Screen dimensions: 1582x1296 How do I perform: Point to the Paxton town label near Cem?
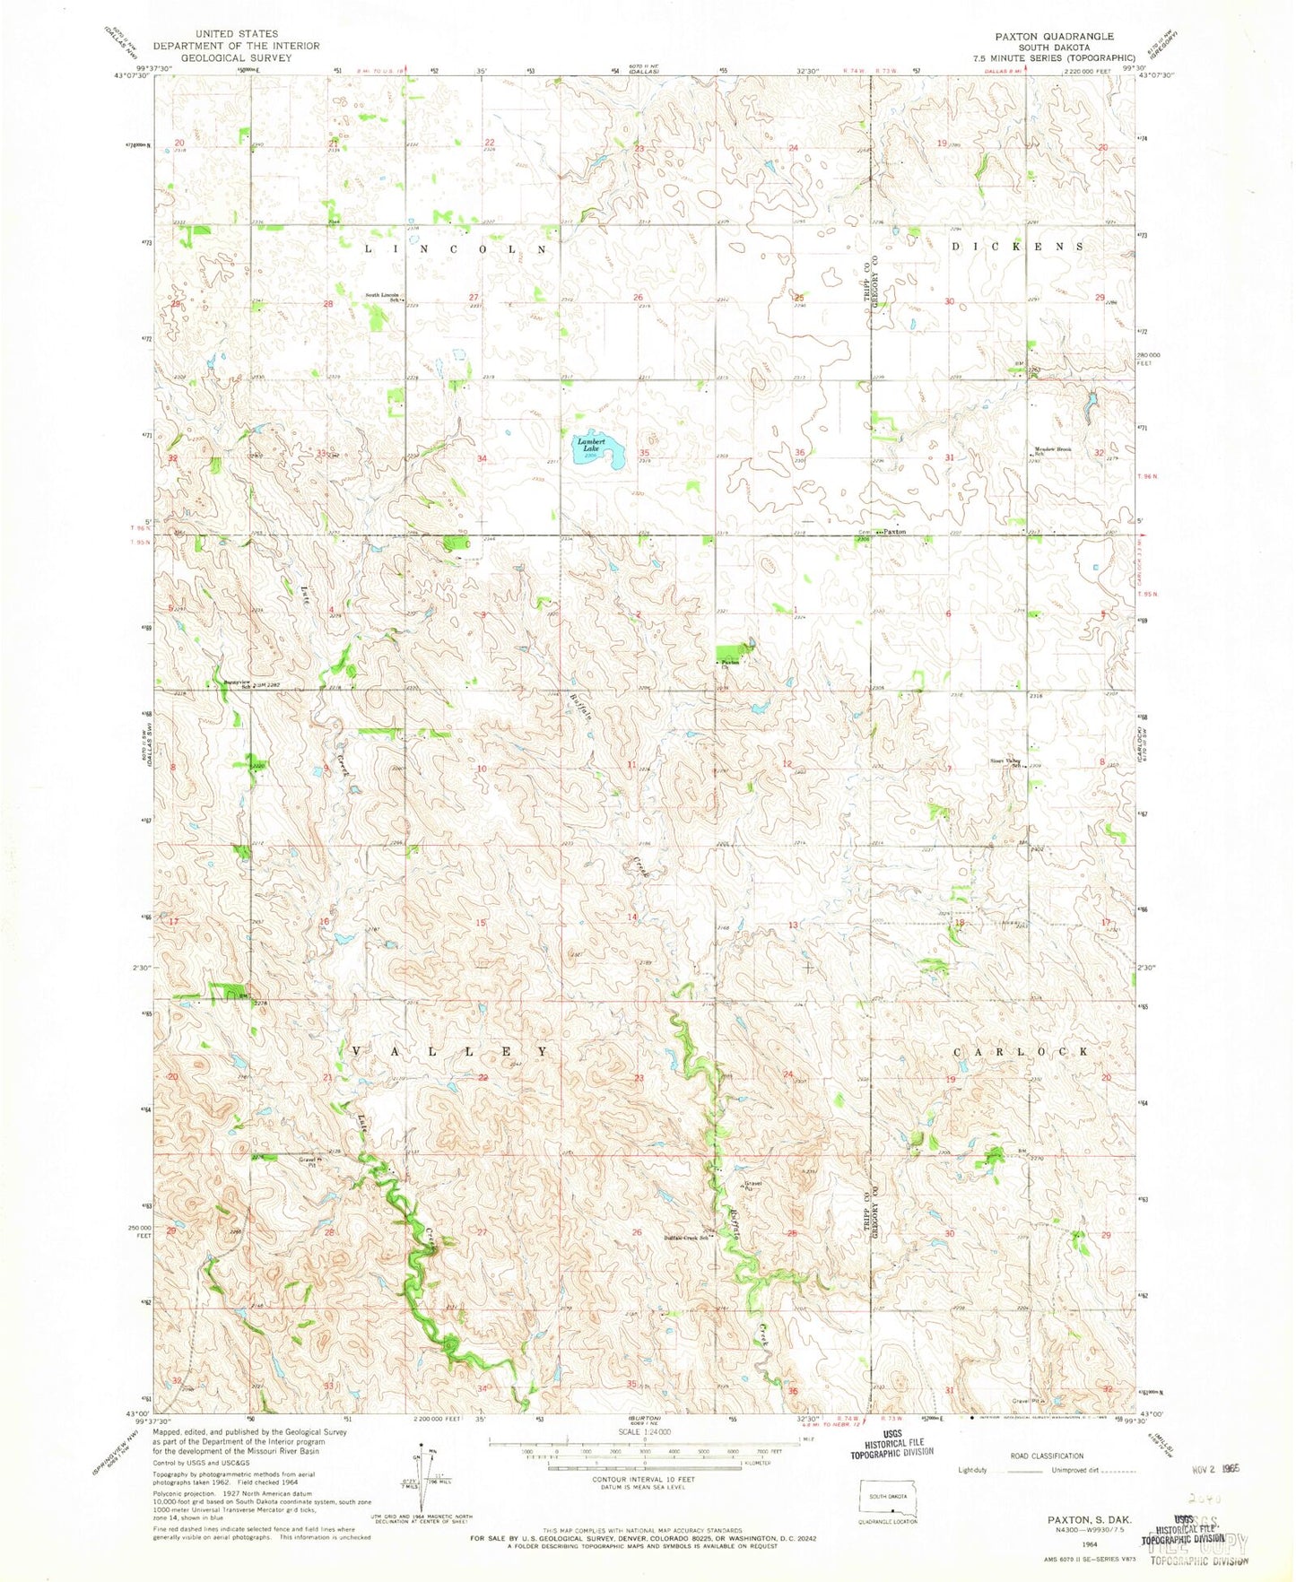(x=893, y=532)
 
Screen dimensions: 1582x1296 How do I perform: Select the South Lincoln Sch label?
(x=383, y=298)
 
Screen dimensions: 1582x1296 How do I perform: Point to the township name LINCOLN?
(x=455, y=249)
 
